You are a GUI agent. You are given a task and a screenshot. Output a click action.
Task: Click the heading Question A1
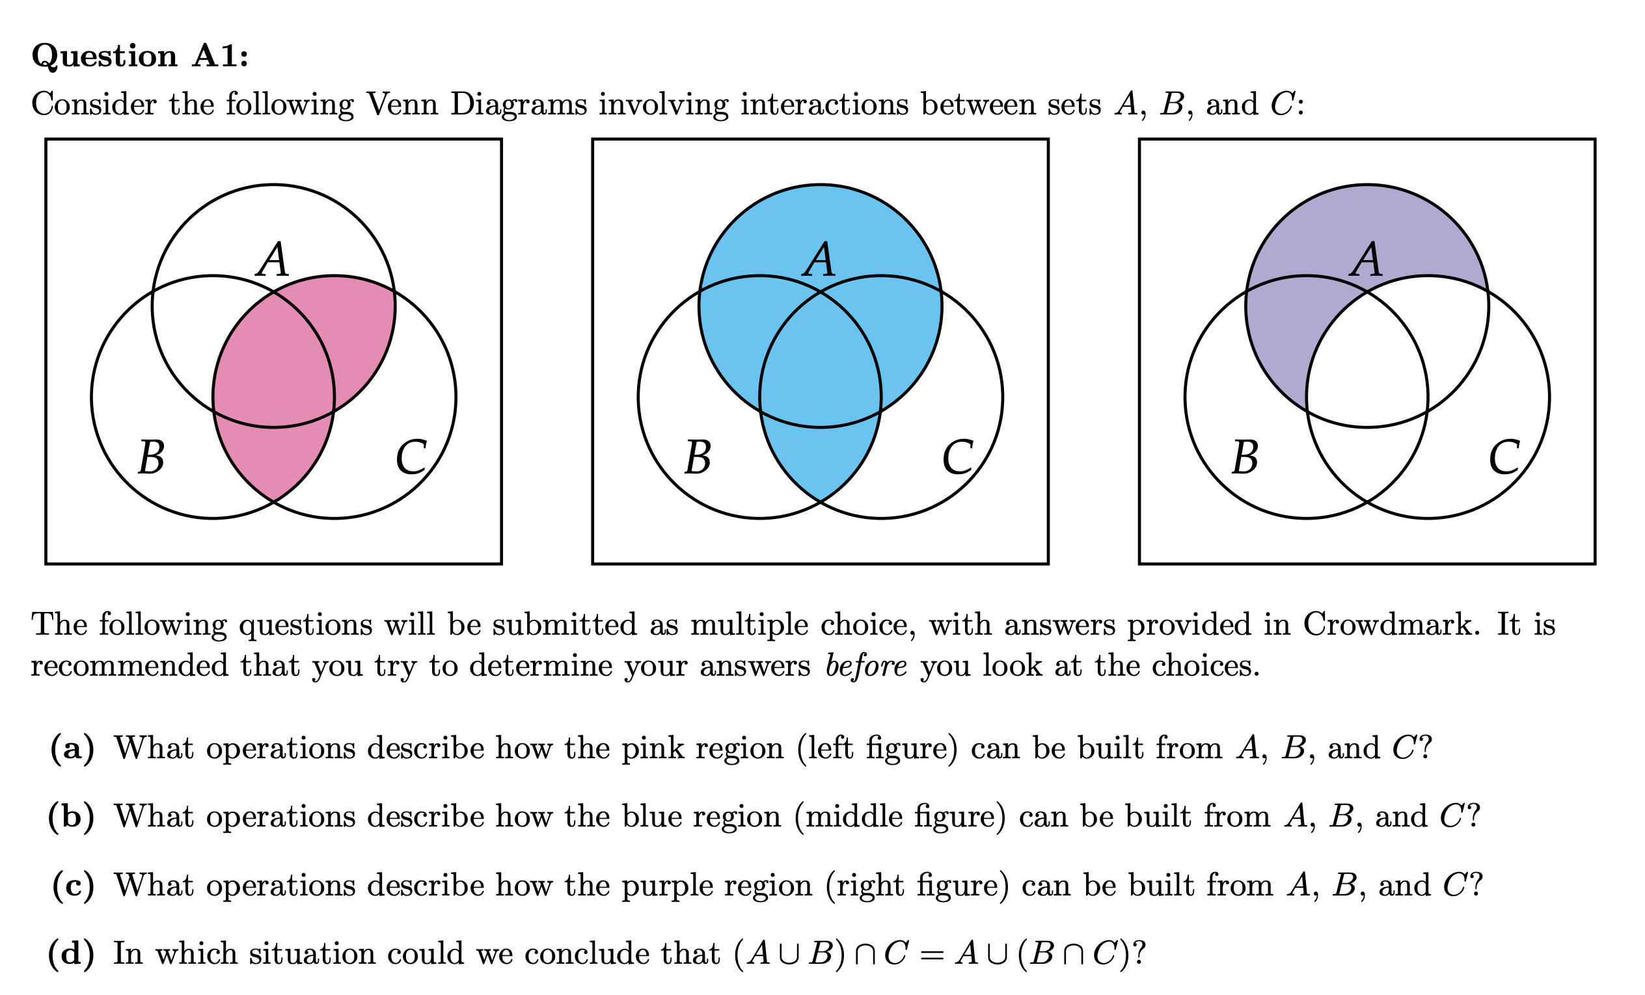point(139,55)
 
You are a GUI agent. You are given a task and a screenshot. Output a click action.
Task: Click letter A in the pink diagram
point(273,259)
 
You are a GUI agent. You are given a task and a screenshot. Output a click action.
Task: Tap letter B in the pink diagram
point(152,458)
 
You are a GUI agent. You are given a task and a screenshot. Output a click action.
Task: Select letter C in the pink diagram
point(411,458)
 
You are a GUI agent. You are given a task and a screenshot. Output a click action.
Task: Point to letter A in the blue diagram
point(819,259)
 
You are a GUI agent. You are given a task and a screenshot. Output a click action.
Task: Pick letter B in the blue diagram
point(698,458)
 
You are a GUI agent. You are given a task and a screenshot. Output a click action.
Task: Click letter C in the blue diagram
point(957,458)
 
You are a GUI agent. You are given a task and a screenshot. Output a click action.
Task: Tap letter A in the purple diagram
point(1366,259)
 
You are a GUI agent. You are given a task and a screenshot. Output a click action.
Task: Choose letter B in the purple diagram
point(1245,458)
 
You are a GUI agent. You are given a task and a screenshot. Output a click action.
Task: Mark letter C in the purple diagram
point(1504,458)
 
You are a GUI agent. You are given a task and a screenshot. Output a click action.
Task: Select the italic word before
point(866,666)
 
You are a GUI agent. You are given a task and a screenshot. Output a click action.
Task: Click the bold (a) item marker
point(72,748)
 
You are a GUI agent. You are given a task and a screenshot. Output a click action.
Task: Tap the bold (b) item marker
point(72,817)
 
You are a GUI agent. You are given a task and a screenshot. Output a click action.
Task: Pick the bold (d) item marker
point(72,953)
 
